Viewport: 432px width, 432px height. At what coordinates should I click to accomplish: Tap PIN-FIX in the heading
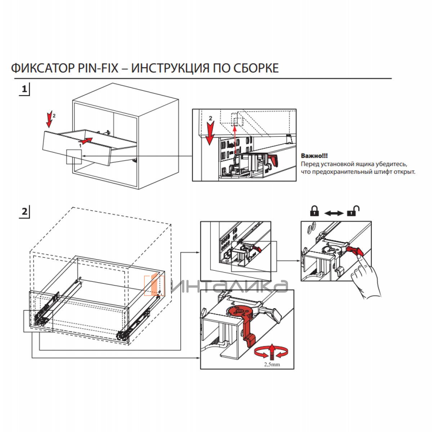[x=98, y=68]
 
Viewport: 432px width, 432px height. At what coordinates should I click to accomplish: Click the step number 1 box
[x=24, y=89]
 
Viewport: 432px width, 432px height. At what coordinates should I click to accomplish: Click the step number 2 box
[x=24, y=211]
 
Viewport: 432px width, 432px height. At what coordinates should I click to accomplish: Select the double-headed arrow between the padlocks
[x=334, y=213]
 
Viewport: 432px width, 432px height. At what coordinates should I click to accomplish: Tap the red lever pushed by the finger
[x=355, y=249]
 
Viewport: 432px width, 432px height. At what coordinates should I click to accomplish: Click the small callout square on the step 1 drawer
[x=74, y=156]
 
